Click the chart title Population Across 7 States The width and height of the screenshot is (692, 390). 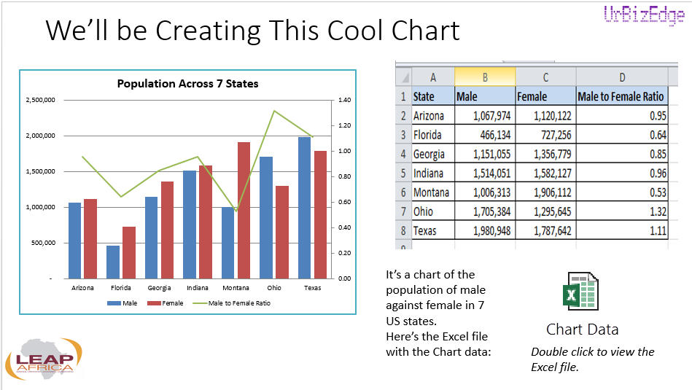tap(187, 84)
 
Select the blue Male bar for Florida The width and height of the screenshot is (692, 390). tap(113, 262)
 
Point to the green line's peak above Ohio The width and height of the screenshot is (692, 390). tap(274, 112)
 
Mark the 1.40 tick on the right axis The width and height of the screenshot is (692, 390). tap(344, 100)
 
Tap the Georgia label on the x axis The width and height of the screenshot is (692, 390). tap(159, 288)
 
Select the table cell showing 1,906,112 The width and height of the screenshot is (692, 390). tap(545, 192)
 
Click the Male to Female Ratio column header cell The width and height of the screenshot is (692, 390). tap(621, 96)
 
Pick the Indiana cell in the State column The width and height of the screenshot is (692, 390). tap(432, 173)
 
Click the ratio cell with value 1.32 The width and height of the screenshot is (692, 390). tap(621, 211)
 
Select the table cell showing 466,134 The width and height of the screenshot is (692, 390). tap(484, 135)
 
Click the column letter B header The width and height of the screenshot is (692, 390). tap(484, 77)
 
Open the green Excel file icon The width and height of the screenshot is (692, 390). tap(581, 292)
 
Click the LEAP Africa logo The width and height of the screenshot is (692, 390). tap(44, 361)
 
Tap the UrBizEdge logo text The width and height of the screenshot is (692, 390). tap(643, 16)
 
